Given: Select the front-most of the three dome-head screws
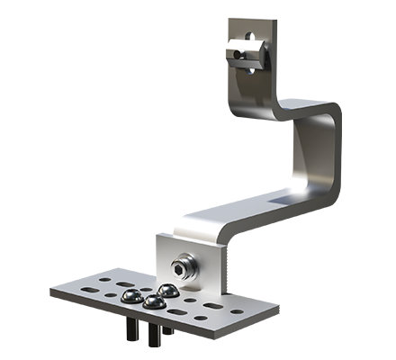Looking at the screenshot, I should coord(152,303).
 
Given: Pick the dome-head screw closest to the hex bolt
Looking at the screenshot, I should coord(166,291).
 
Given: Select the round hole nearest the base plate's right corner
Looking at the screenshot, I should coord(237,312).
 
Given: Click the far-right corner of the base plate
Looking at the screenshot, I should coord(251,314).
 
